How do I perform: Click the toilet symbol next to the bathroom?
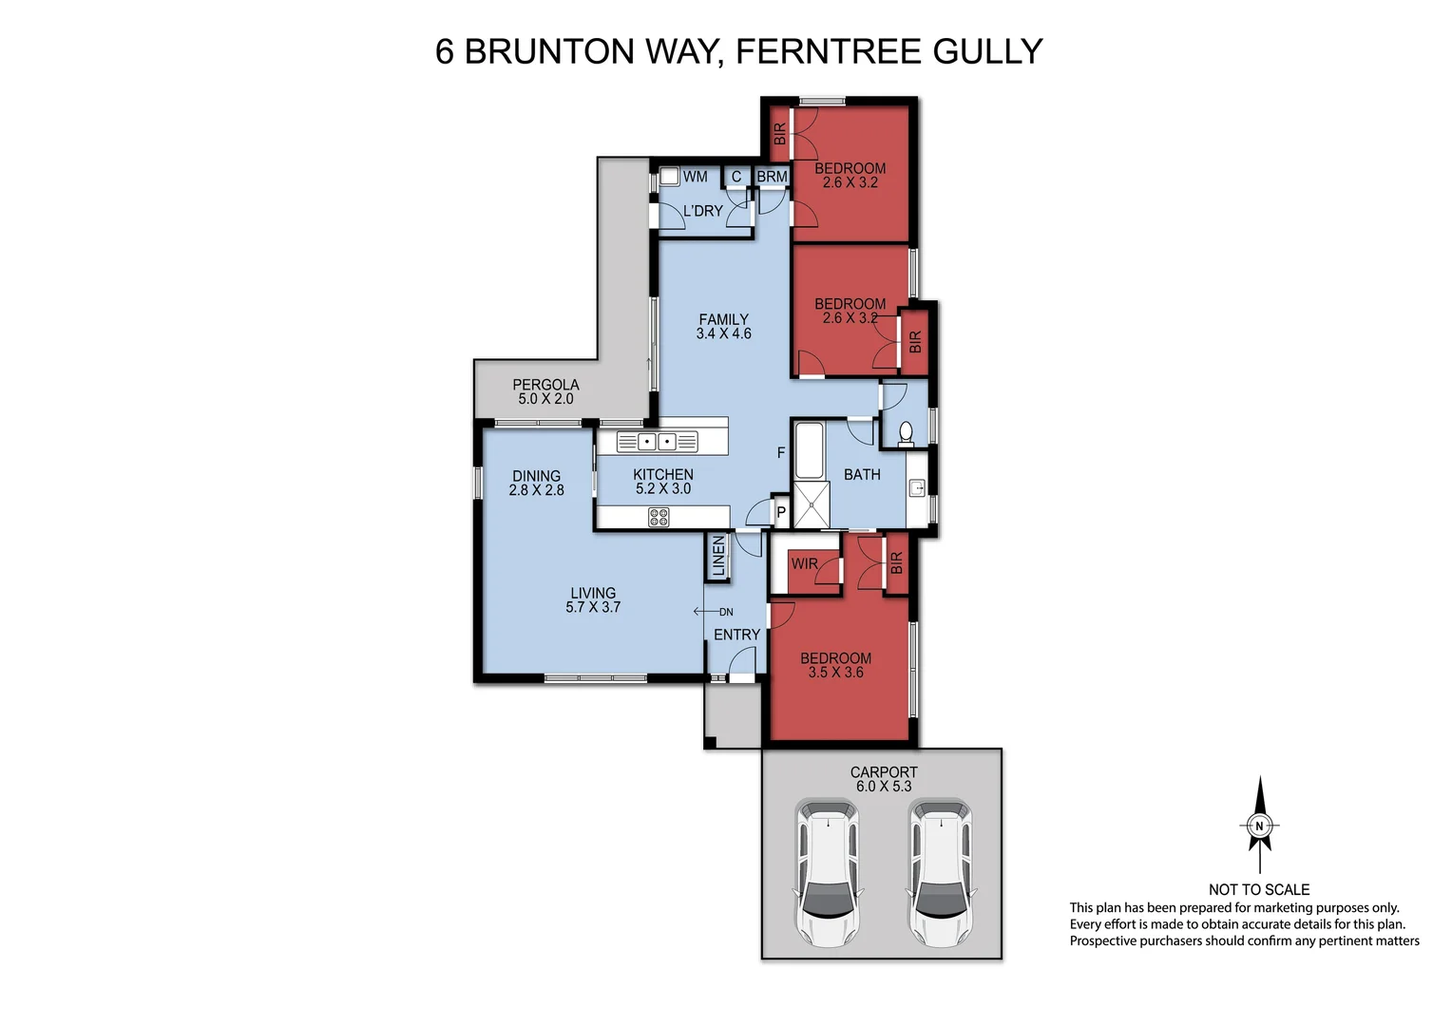tap(906, 433)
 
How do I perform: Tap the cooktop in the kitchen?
tap(658, 517)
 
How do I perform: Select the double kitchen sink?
tap(657, 441)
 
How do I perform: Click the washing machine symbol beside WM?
tap(670, 177)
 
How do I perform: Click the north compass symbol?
tap(1259, 825)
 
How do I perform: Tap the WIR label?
tap(804, 563)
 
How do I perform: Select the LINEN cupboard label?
tap(718, 558)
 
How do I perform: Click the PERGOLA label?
tap(545, 385)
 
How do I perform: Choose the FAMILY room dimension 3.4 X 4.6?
tap(723, 333)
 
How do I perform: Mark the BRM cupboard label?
tap(772, 177)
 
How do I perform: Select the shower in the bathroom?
tap(811, 504)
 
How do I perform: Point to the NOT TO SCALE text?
tap(1258, 889)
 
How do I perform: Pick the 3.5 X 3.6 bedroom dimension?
tap(835, 673)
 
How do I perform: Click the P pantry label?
tap(781, 512)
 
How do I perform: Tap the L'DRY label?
tap(703, 211)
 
